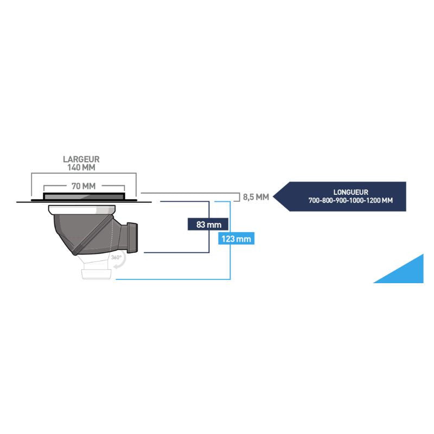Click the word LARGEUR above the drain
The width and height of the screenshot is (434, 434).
click(81, 159)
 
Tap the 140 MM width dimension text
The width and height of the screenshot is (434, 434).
click(81, 168)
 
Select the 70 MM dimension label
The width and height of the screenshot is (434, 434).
click(84, 186)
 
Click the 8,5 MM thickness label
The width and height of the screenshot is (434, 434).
click(256, 197)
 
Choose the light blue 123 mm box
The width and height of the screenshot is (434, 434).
click(234, 239)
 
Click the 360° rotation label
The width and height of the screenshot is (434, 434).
click(116, 258)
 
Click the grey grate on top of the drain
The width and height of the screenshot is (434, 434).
click(84, 194)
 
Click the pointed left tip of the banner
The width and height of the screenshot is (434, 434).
click(275, 196)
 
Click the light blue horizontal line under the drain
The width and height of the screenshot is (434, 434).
click(174, 280)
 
